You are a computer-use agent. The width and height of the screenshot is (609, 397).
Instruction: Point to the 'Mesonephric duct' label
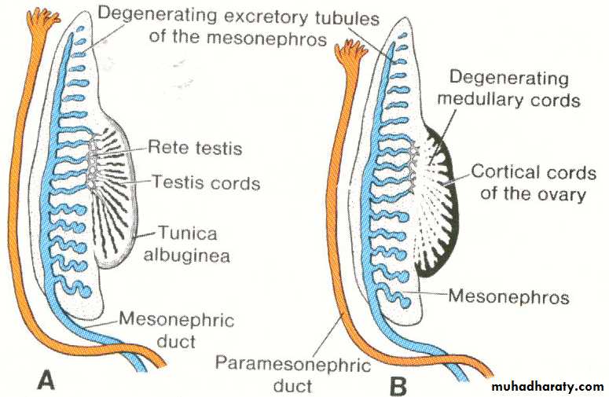(167, 329)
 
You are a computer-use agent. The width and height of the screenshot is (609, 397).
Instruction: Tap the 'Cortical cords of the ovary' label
(532, 182)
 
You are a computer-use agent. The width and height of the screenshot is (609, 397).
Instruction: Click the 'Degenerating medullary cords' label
(509, 89)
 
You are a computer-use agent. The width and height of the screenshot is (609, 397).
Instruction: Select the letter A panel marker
(46, 381)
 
